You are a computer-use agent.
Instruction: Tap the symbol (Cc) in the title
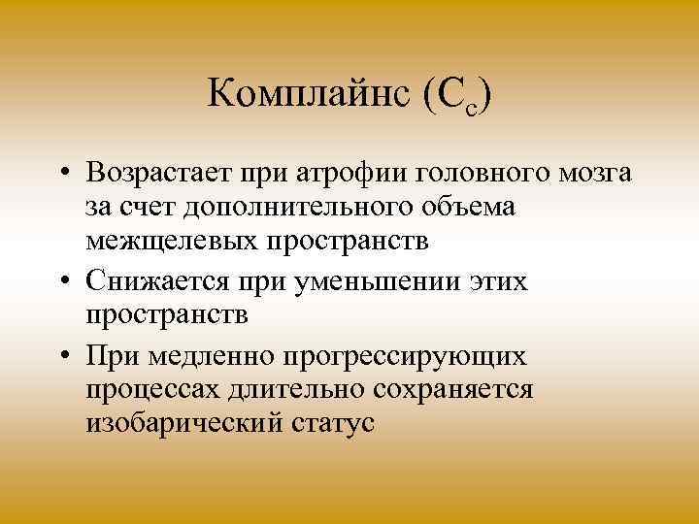[455, 98]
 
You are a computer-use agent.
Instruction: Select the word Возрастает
[164, 174]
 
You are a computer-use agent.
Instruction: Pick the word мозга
[584, 174]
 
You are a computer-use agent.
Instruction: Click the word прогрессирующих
[405, 357]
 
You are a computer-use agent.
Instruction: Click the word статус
[325, 423]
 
